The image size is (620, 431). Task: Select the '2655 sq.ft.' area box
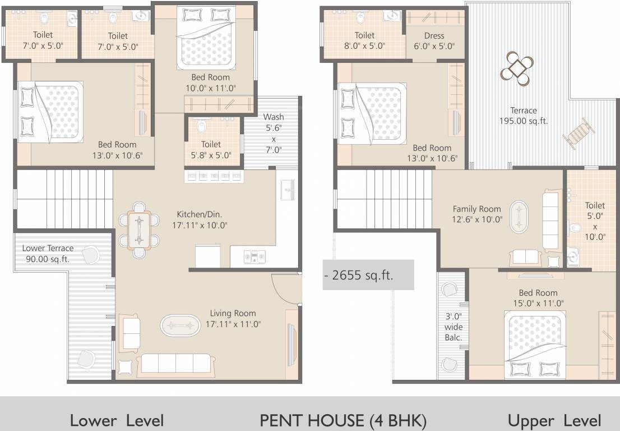pyautogui.click(x=368, y=274)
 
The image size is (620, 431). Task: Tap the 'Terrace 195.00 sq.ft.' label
pyautogui.click(x=524, y=116)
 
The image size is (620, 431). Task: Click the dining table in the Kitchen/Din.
pyautogui.click(x=139, y=230)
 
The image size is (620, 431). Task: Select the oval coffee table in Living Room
pyautogui.click(x=181, y=325)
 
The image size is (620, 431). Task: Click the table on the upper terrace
pyautogui.click(x=517, y=68)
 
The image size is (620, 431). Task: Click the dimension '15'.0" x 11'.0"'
pyautogui.click(x=538, y=303)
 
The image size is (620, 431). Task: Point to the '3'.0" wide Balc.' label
pyautogui.click(x=454, y=327)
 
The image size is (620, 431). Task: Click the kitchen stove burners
pyautogui.click(x=255, y=256)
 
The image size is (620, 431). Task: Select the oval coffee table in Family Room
pyautogui.click(x=519, y=217)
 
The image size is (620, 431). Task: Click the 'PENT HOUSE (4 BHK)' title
pyautogui.click(x=343, y=420)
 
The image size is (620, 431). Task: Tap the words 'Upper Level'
pyautogui.click(x=554, y=421)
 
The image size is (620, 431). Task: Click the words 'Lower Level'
pyautogui.click(x=117, y=420)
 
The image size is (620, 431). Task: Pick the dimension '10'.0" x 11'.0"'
pyautogui.click(x=210, y=88)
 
